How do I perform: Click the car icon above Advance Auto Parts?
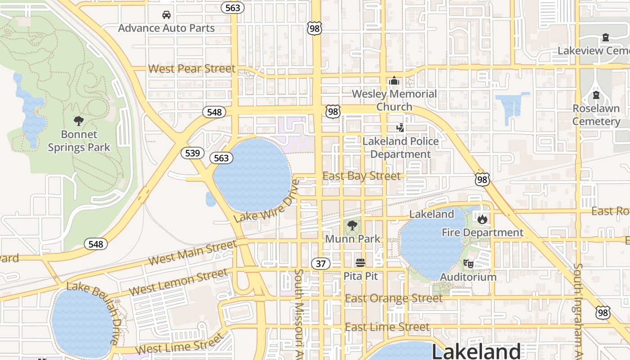point(166,15)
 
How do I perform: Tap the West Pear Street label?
point(192,69)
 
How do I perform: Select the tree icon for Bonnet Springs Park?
point(79,121)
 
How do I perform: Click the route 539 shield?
point(192,153)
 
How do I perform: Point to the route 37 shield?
point(320,264)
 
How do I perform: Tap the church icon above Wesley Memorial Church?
point(394,81)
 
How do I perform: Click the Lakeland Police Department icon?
point(400,128)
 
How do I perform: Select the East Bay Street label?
point(361,176)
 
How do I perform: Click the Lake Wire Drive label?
point(267,201)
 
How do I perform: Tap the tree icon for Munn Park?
point(352,225)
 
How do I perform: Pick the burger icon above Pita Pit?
point(360,262)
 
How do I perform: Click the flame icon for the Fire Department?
point(482,219)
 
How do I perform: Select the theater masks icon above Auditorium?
point(468,264)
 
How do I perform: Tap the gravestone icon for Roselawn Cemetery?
point(596,95)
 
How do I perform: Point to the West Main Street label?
point(192,253)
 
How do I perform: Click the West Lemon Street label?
point(178,282)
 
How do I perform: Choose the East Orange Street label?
point(394,298)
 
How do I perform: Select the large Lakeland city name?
point(476,351)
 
